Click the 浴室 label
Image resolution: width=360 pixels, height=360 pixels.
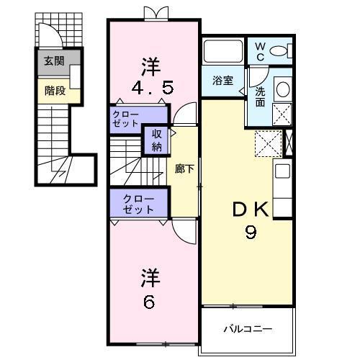(222, 81)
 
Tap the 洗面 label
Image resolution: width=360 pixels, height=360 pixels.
(261, 98)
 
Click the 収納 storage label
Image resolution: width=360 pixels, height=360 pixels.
(156, 142)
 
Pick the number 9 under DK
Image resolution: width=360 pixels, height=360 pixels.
(251, 234)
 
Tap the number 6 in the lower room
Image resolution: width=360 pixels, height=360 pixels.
(149, 302)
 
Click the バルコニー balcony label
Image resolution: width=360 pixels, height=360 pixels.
(247, 329)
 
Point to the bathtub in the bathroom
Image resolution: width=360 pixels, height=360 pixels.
(224, 52)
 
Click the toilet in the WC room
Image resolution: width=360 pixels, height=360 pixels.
(287, 50)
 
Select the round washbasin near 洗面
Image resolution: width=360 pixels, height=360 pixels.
(282, 89)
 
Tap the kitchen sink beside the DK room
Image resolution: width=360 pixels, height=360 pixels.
(282, 172)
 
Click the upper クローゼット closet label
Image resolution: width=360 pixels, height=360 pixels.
(126, 120)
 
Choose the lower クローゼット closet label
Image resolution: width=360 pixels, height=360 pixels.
(138, 204)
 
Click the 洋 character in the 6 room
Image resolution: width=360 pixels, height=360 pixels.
(149, 277)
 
